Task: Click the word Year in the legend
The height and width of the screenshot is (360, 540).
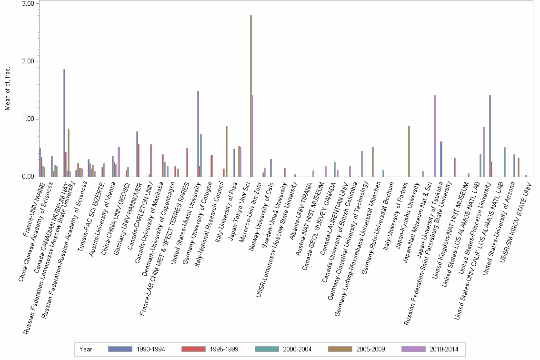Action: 86,349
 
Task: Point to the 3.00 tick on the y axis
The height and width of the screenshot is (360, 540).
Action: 28,4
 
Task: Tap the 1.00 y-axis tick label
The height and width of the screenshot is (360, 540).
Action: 28,119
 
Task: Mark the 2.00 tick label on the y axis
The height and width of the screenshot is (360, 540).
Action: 28,61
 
